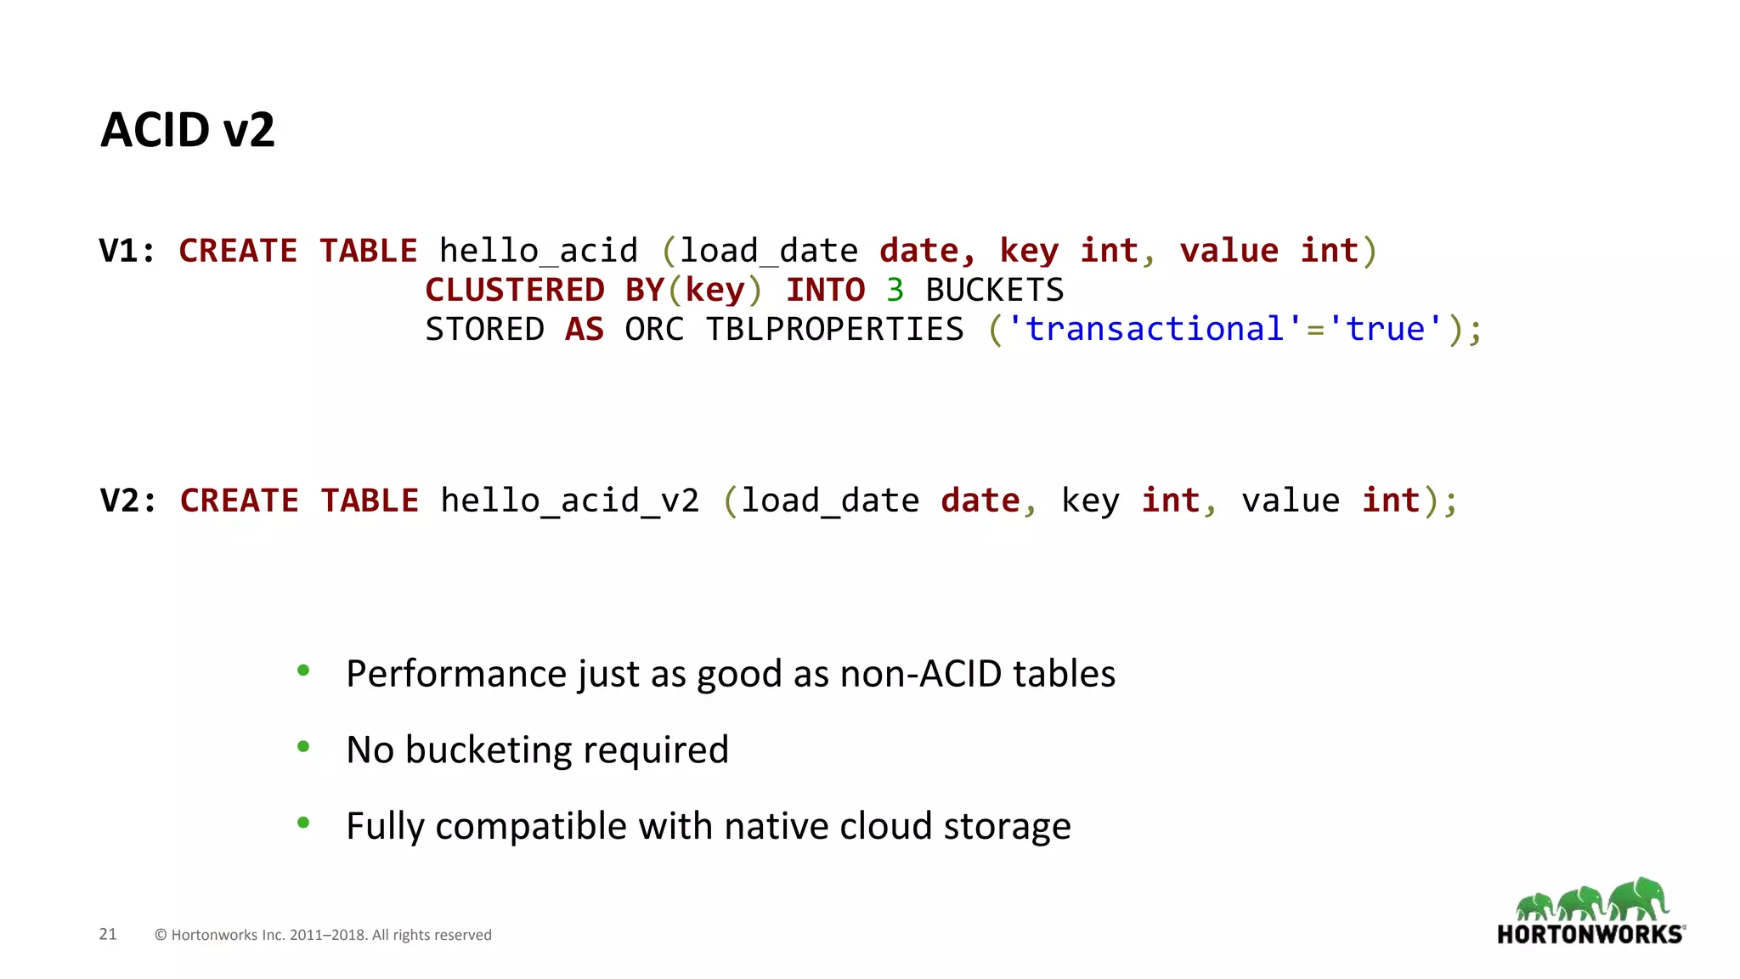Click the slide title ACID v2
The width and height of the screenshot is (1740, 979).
click(x=188, y=130)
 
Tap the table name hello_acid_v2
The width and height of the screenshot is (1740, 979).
click(x=569, y=501)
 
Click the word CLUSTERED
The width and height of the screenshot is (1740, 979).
click(x=514, y=291)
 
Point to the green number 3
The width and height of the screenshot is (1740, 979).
click(x=895, y=291)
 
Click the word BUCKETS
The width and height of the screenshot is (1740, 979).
click(x=994, y=291)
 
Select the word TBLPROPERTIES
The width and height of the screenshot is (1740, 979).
click(x=834, y=330)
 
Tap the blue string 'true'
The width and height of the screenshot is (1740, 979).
click(x=1386, y=330)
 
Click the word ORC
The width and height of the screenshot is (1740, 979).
click(x=653, y=330)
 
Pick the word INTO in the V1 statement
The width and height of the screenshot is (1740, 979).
click(x=825, y=291)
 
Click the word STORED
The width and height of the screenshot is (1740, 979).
click(x=484, y=330)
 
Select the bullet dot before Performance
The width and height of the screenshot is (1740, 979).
click(x=303, y=671)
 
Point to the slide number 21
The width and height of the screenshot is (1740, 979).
click(x=108, y=934)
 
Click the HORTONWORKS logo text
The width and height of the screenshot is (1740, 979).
click(x=1590, y=935)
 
